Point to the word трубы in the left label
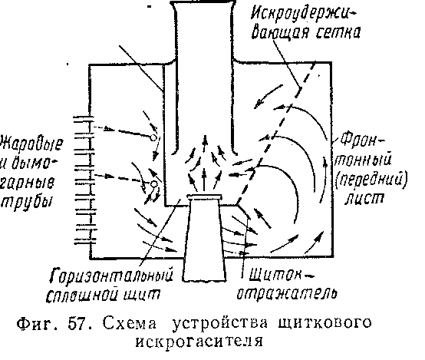tap(27, 202)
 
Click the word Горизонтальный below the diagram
tap(112, 276)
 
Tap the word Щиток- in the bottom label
tap(282, 276)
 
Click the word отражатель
tap(287, 293)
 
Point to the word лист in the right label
tap(364, 199)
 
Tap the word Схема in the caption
tap(130, 323)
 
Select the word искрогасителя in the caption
tap(199, 342)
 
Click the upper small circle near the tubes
tap(153, 137)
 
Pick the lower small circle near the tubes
tap(153, 184)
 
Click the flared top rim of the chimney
tap(203, 3)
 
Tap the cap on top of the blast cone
tap(205, 197)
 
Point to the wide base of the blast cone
tap(205, 279)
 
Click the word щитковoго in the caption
tap(325, 324)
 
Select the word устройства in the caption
tap(220, 324)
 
